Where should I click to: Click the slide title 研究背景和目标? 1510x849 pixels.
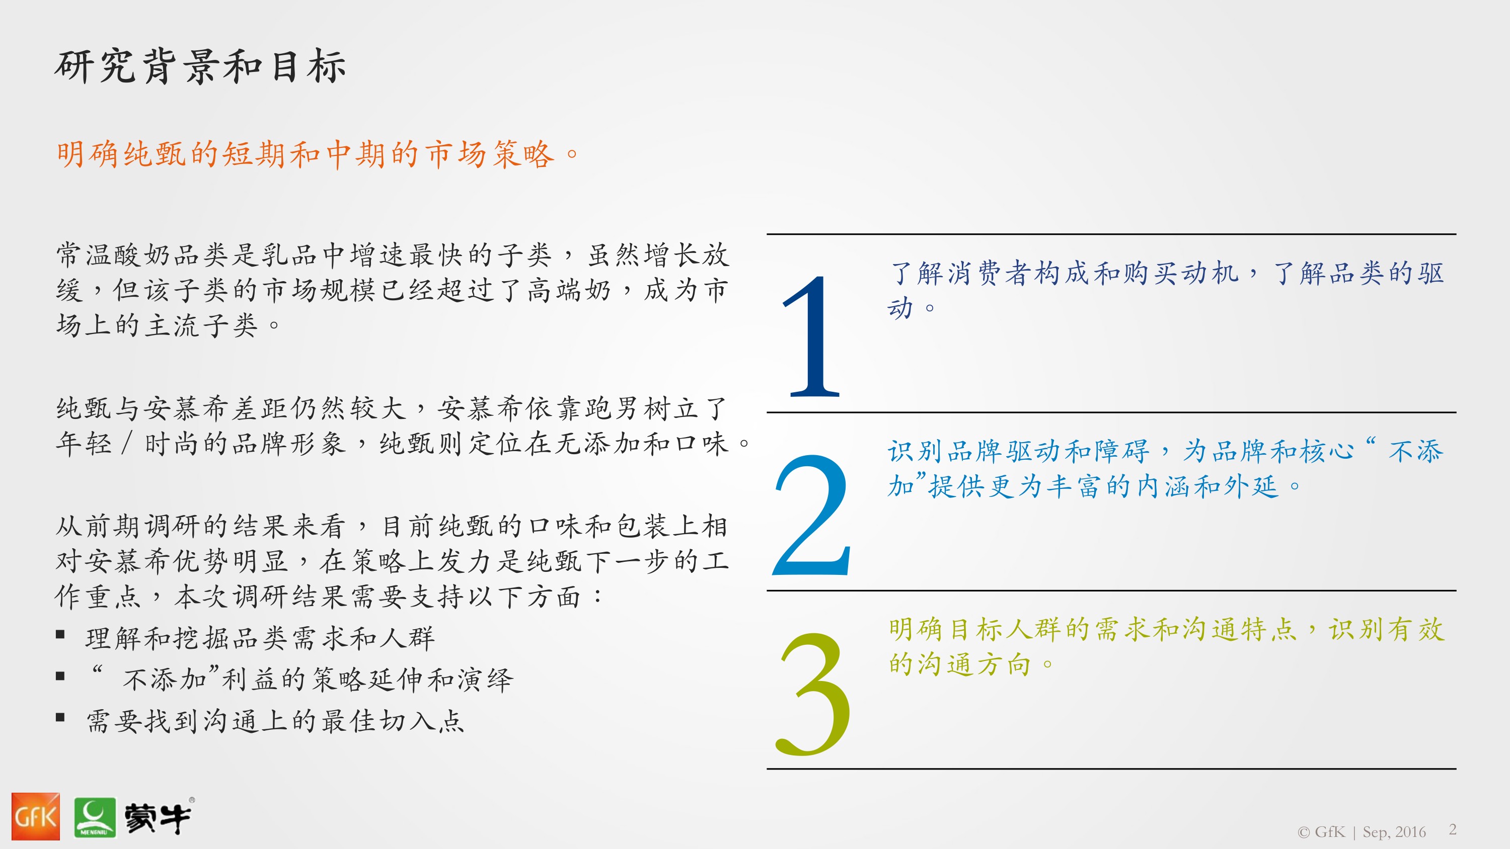pyautogui.click(x=200, y=67)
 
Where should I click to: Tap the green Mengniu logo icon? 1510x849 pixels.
pyautogui.click(x=95, y=817)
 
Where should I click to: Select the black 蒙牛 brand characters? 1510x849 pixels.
pyautogui.click(x=157, y=818)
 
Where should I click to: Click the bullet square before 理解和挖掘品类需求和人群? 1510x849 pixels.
pyautogui.click(x=60, y=635)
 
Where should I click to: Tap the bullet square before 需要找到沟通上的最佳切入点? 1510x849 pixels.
pyautogui.click(x=60, y=717)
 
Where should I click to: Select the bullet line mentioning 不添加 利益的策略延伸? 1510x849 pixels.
pyautogui.click(x=302, y=678)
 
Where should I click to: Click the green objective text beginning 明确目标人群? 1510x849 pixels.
pyautogui.click(x=1167, y=646)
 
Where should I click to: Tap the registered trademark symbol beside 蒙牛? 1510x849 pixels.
pyautogui.click(x=192, y=800)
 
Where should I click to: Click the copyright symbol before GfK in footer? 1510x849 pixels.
pyautogui.click(x=1303, y=832)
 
